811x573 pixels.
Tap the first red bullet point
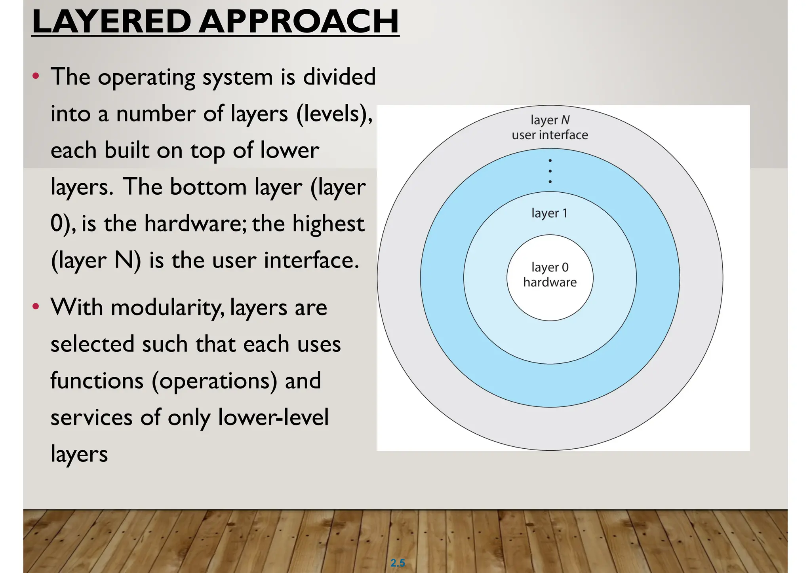point(36,76)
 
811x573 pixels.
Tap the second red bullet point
point(36,306)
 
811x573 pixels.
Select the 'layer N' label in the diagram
point(550,120)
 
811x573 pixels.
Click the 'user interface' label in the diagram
point(550,135)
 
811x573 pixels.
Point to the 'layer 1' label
point(550,213)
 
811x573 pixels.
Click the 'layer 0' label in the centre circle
point(550,268)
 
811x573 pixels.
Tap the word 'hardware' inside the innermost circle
point(550,282)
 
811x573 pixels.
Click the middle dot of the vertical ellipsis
point(550,171)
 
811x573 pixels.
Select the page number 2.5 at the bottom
point(398,563)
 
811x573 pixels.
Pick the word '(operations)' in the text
point(214,381)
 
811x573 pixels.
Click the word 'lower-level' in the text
point(273,417)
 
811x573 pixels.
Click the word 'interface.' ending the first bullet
point(312,260)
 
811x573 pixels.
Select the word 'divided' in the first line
point(339,77)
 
